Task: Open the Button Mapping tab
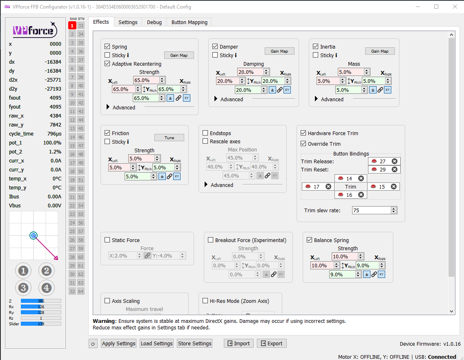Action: [189, 22]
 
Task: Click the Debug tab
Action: [154, 22]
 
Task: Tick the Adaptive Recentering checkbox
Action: [107, 64]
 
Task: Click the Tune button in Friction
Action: [169, 138]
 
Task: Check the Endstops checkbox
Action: [205, 133]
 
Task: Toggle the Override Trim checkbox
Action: [303, 144]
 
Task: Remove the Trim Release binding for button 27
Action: [394, 161]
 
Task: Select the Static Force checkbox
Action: [107, 240]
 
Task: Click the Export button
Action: [272, 343]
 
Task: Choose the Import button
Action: [239, 343]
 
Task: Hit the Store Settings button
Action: [195, 343]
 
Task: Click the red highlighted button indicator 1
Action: [72, 25]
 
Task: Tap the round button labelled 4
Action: [46, 288]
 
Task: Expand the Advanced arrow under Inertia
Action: [317, 99]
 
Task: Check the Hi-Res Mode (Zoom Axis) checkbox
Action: [205, 301]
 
